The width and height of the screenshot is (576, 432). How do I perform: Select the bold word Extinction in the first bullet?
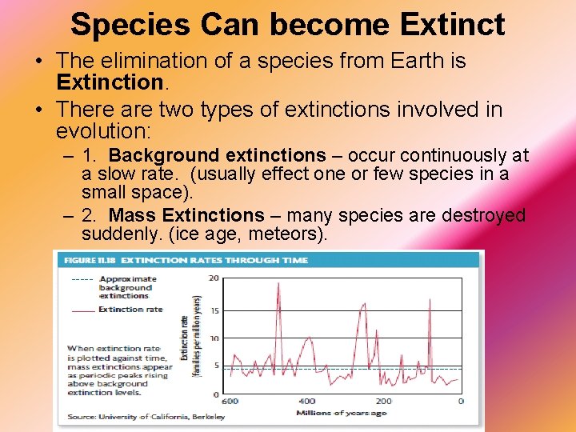pyautogui.click(x=110, y=82)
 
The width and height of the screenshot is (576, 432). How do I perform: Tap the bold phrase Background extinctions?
pyautogui.click(x=218, y=155)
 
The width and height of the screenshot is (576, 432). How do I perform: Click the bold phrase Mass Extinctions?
pyautogui.click(x=186, y=215)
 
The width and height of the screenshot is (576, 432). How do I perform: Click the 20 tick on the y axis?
pyautogui.click(x=214, y=278)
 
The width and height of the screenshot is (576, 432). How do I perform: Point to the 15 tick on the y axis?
pyautogui.click(x=214, y=310)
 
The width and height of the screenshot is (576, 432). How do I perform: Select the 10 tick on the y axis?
pyautogui.click(x=214, y=339)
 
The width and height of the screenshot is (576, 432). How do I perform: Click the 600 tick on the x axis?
pyautogui.click(x=230, y=402)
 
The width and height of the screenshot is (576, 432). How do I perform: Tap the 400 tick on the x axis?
pyautogui.click(x=306, y=402)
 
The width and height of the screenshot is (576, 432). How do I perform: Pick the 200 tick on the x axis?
pyautogui.click(x=383, y=402)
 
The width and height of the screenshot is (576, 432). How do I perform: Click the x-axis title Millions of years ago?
pyautogui.click(x=342, y=413)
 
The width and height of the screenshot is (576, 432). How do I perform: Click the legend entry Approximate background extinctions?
pyautogui.click(x=126, y=287)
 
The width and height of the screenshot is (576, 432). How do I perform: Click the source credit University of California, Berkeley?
pyautogui.click(x=146, y=417)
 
